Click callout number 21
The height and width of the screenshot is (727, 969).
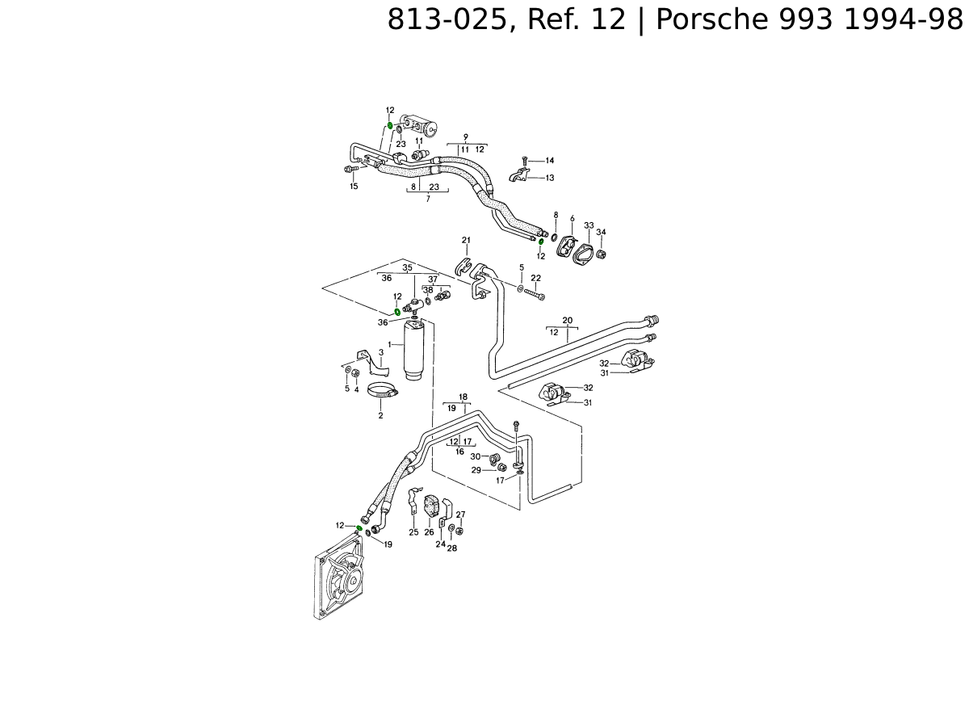click(466, 240)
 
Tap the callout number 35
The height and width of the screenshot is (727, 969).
click(407, 267)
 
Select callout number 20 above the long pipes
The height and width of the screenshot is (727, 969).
click(568, 321)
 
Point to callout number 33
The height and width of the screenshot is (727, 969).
click(589, 225)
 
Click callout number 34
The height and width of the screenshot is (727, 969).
click(601, 233)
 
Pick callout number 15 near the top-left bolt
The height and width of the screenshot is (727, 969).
click(354, 187)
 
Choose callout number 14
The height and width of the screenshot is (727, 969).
click(550, 161)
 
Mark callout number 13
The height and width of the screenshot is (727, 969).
click(550, 178)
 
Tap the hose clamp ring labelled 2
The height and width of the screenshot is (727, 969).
click(383, 393)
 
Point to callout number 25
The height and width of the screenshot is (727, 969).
click(413, 532)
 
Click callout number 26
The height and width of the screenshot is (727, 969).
click(429, 532)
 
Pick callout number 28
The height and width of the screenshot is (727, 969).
click(452, 548)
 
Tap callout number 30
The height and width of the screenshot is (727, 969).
click(475, 457)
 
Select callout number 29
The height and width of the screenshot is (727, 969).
click(476, 470)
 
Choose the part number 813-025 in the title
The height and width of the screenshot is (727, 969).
click(445, 19)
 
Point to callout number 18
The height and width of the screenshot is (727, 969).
click(464, 397)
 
